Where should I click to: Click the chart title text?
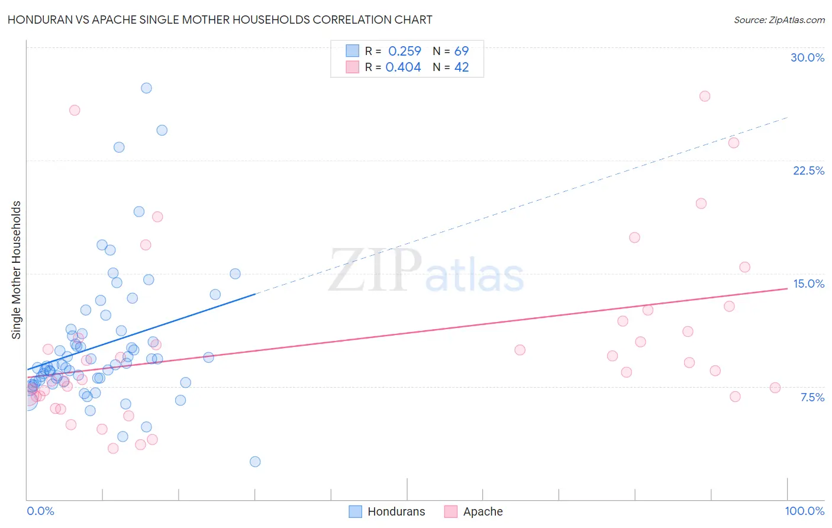220,20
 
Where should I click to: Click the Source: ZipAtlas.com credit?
779,20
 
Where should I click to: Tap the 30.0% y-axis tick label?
807,57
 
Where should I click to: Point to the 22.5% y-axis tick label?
808,170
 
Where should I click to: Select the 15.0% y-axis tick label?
808,284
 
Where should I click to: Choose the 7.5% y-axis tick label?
812,397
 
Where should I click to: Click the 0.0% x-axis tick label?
40,511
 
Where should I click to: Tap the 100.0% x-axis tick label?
804,511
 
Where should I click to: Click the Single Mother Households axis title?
17,270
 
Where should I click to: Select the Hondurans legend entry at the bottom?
387,511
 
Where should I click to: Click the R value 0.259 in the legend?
405,51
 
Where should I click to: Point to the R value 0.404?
403,67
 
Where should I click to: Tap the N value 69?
462,51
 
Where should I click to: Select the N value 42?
462,67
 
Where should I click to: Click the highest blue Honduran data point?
146,88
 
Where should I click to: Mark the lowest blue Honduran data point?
255,462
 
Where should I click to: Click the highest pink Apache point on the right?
705,96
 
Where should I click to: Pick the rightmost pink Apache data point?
775,388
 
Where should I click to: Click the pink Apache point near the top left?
75,110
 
